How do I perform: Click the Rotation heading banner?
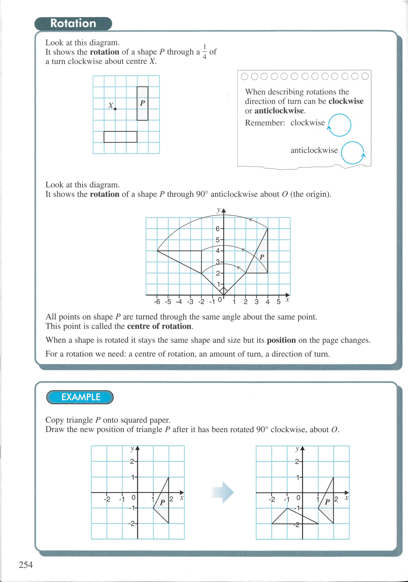coord(73,24)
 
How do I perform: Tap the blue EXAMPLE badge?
coord(80,397)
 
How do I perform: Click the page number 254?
coord(26,565)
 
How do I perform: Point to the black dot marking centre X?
coord(115,109)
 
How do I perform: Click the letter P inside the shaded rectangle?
coord(143,103)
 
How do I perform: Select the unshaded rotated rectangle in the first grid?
coord(120,137)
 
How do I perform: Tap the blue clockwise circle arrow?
coord(339,125)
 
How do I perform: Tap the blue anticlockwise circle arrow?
coord(353,153)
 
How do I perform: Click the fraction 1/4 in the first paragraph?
coord(205,52)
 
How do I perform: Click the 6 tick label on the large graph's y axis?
coord(217,229)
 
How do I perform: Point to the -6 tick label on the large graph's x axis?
coord(157,302)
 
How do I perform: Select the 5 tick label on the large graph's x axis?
coord(278,302)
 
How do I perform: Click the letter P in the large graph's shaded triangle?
coord(262,257)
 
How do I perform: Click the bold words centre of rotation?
coord(159,326)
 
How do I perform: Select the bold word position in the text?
coord(281,340)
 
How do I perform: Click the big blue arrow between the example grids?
coord(223,492)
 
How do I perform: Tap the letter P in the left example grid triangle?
coord(162,502)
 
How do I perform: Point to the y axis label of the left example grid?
coord(132,448)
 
